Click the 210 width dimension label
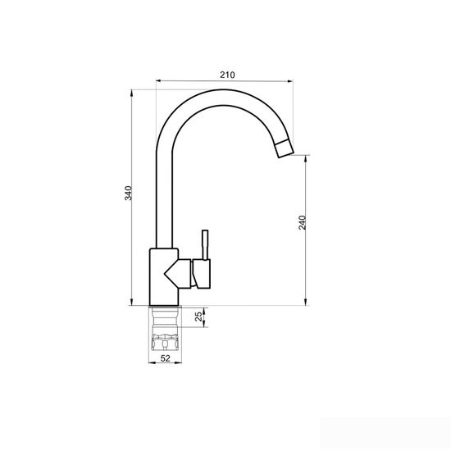[227, 75]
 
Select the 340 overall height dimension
[128, 194]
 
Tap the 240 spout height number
[303, 222]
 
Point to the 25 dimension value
[198, 317]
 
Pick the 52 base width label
[165, 358]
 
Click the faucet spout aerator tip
[285, 148]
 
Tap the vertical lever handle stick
[205, 245]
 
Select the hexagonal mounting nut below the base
[165, 342]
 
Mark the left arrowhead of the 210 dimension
[159, 81]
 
